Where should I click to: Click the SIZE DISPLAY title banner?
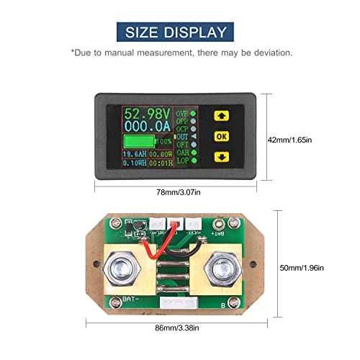[x=179, y=31]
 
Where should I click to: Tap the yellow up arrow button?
[x=221, y=114]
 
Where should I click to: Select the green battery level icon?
[x=138, y=142]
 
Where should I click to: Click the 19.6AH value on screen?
[x=135, y=153]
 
